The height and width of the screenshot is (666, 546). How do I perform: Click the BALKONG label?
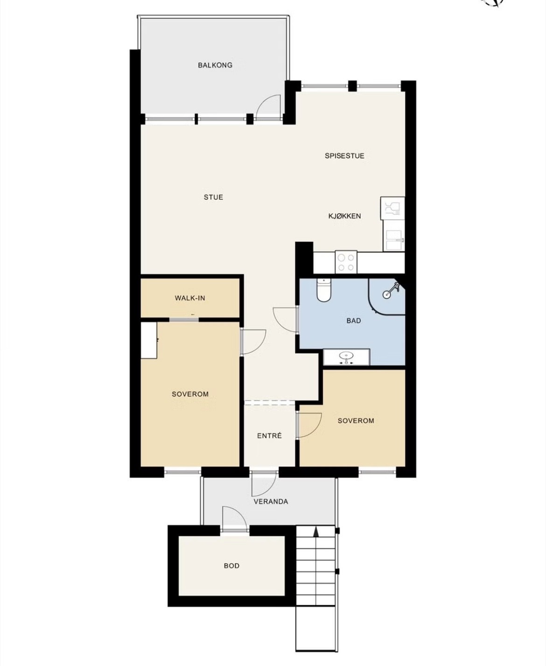215,65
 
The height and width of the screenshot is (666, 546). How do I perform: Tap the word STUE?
213,197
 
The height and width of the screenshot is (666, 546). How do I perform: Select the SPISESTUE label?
344,156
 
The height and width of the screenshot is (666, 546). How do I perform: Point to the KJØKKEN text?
344,216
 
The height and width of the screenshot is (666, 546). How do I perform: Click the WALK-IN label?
190,298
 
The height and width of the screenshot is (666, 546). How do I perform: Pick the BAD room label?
354,320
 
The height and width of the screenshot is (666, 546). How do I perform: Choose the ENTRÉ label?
269,436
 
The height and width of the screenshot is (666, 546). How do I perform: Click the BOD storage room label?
231,566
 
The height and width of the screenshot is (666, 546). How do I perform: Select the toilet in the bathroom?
323,290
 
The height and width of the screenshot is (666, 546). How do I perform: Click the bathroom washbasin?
346,357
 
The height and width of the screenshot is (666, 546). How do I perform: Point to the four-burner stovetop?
346,262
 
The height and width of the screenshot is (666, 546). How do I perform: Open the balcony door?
268,107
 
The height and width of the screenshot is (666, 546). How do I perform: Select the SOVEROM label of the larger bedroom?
190,394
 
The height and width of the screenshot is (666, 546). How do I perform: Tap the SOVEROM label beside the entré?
356,421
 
